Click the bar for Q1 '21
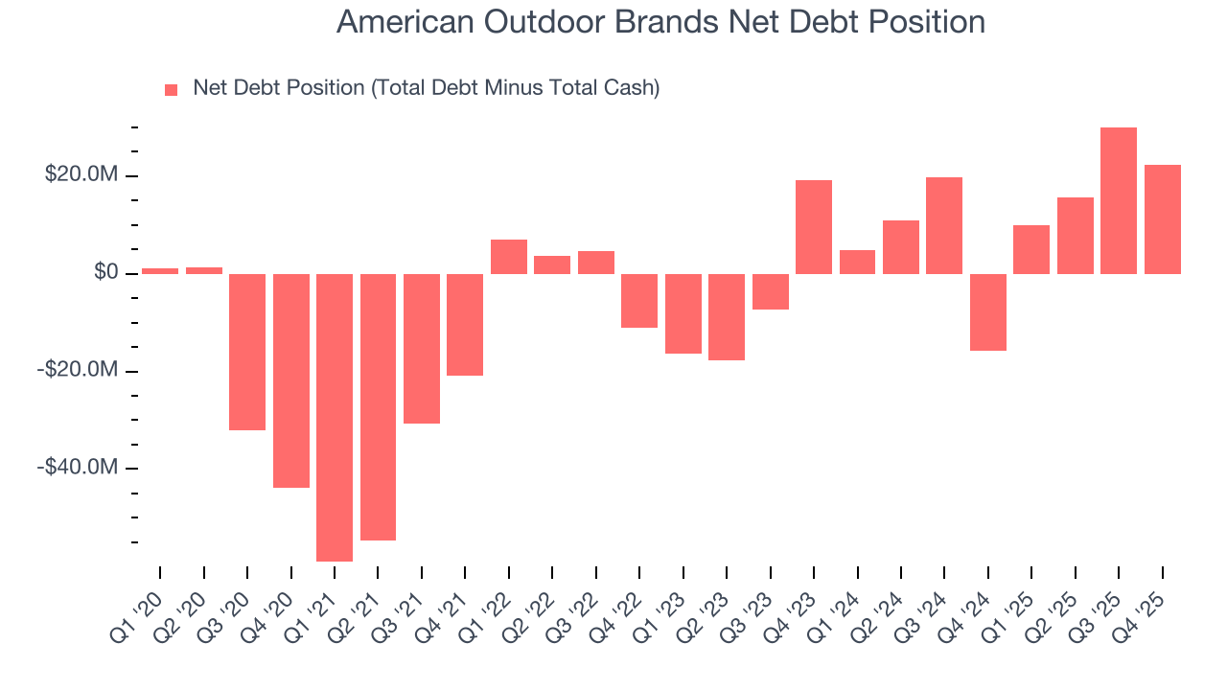334,417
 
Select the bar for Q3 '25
1119,200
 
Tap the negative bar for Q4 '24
987,312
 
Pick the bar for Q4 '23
813,227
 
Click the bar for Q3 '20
246,352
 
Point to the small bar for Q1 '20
159,271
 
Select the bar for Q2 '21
378,407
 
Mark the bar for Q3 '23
770,291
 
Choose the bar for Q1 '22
508,257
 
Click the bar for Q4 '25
1162,219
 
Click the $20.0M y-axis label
81,176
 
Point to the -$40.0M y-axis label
78,468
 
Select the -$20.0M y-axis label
78,371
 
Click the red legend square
172,90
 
